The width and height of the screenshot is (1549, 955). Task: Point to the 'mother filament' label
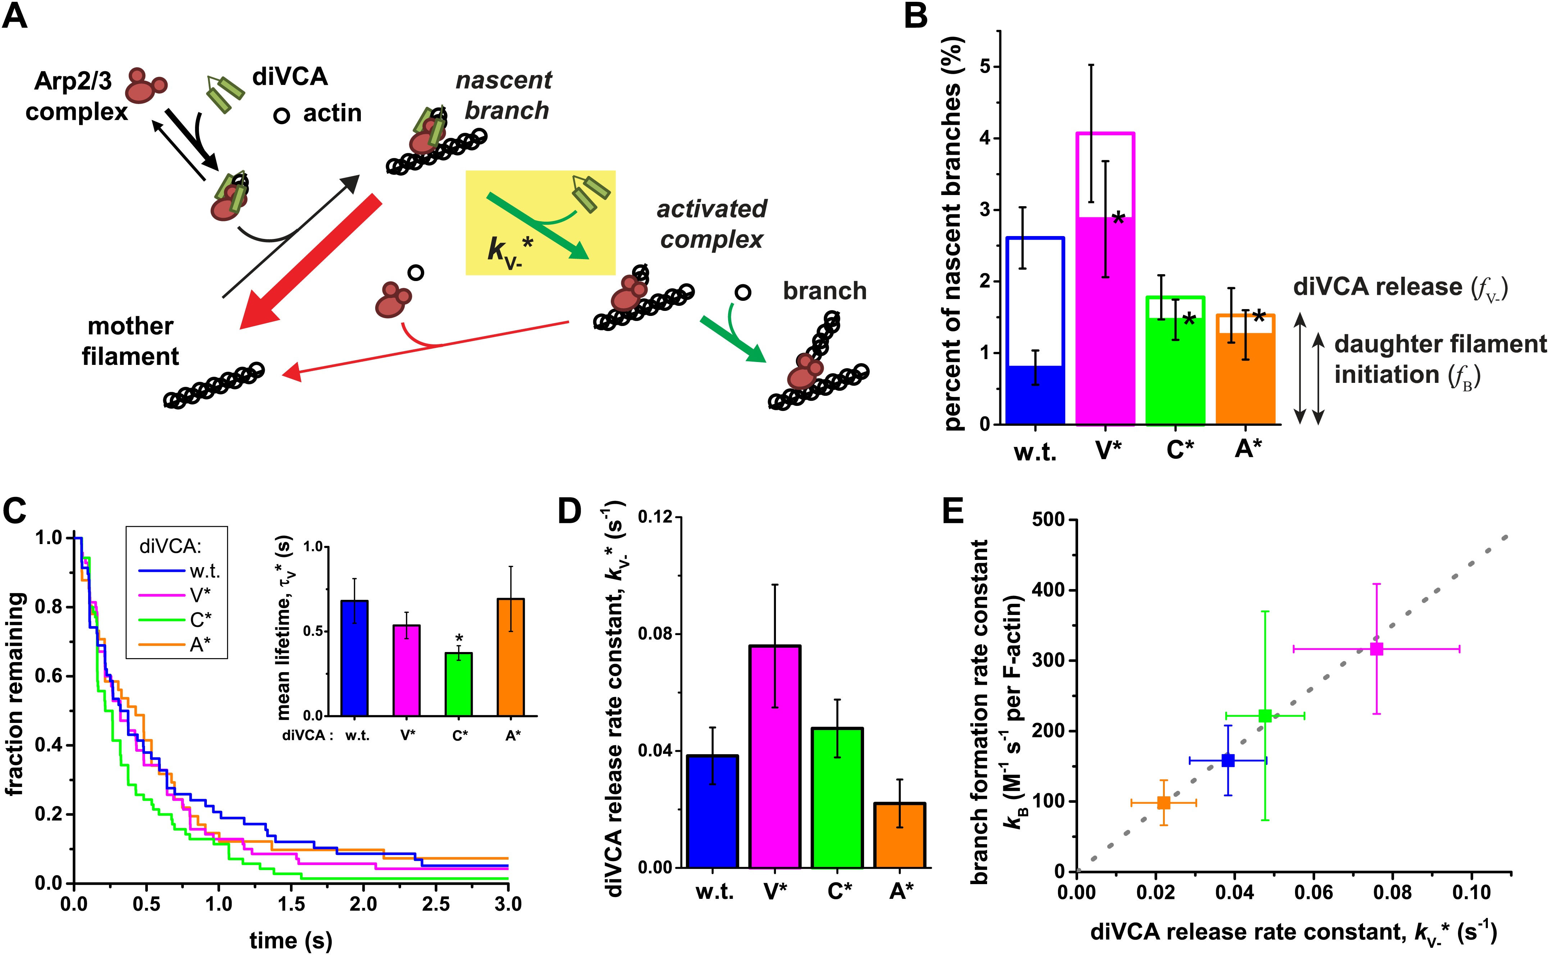(131, 341)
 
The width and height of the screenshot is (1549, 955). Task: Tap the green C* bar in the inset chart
(458, 685)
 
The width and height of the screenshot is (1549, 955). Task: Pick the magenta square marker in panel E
(1377, 649)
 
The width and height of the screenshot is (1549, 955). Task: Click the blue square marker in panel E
(1228, 760)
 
